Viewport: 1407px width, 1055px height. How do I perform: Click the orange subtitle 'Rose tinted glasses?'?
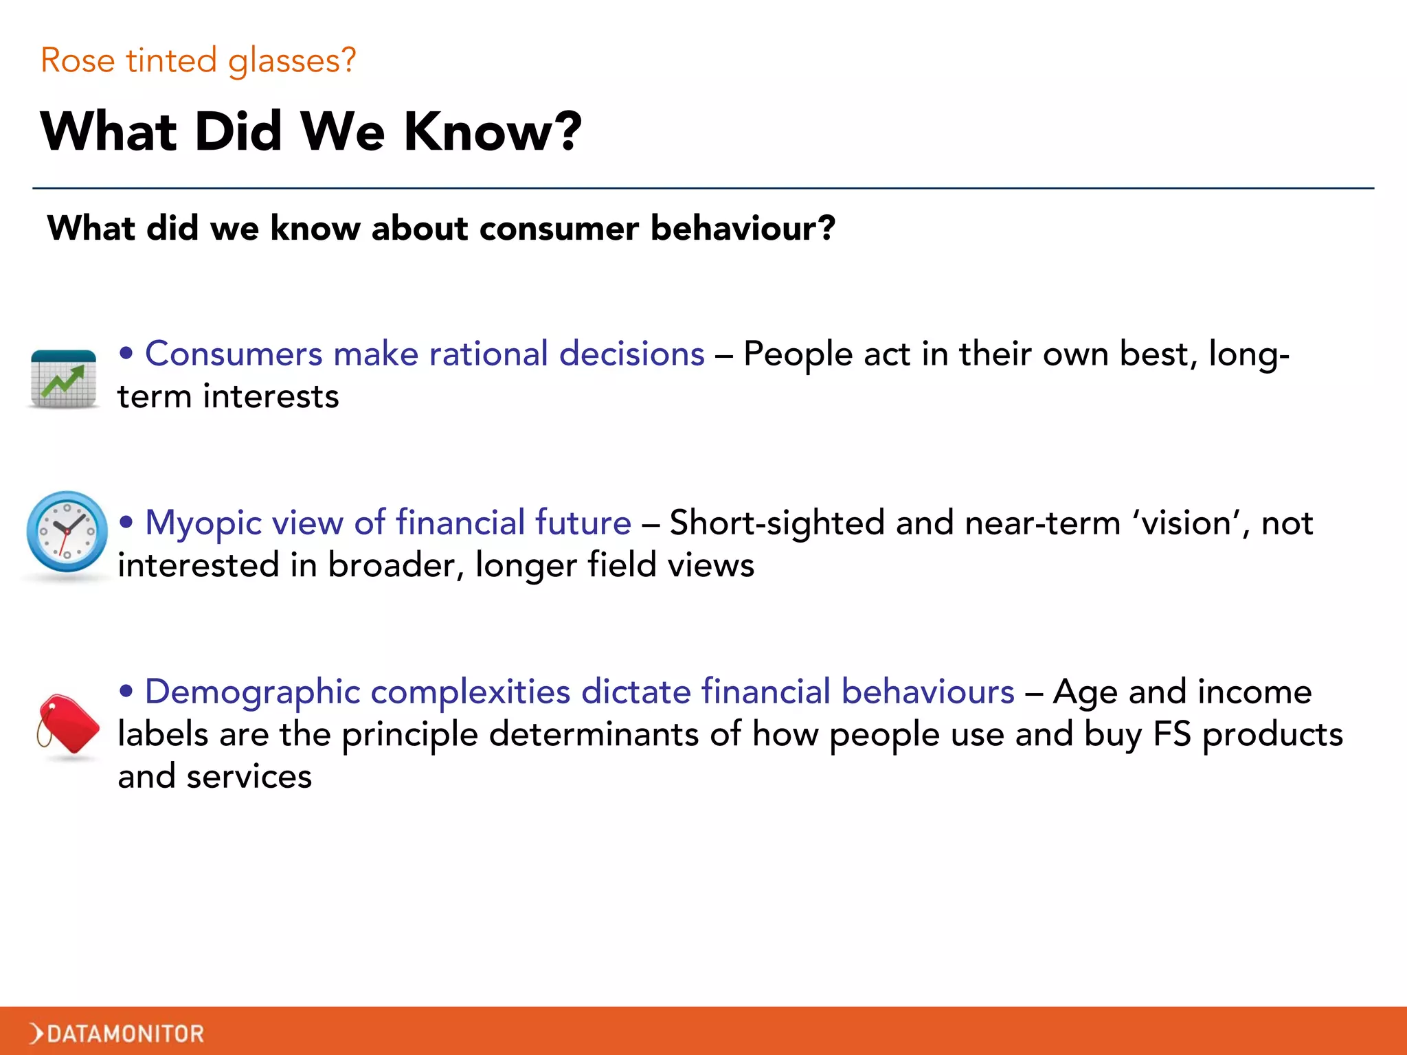[x=198, y=60]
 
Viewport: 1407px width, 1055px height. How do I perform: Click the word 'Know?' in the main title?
[x=492, y=132]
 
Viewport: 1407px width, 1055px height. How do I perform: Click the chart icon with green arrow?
[x=64, y=378]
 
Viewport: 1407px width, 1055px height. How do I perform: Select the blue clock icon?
[x=67, y=532]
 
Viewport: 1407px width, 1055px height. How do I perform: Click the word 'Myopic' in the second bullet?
[x=203, y=523]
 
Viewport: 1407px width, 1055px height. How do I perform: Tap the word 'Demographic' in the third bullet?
[x=252, y=692]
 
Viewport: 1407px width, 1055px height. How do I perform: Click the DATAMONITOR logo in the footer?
[x=117, y=1033]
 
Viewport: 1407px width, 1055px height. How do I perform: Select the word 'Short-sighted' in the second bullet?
[x=776, y=523]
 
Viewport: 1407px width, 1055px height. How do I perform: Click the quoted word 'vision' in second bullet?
[x=1185, y=523]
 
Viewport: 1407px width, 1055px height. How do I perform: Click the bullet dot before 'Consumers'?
[x=126, y=354]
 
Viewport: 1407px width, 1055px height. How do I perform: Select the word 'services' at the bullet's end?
[x=249, y=777]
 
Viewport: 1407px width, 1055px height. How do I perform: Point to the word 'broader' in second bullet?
[x=394, y=566]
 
